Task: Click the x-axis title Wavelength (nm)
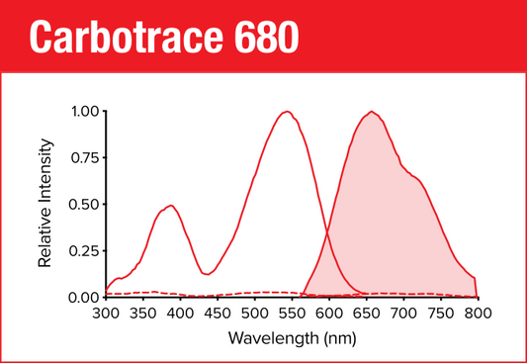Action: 291,338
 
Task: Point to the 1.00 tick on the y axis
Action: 84,112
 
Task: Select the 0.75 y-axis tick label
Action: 84,158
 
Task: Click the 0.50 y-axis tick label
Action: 84,205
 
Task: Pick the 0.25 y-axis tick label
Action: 84,251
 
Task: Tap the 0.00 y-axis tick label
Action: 84,298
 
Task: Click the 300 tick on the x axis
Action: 105,314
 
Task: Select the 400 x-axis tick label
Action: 179,314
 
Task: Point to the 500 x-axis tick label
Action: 254,314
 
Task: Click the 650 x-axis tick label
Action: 366,314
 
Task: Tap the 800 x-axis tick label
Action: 478,314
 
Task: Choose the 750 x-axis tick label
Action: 440,314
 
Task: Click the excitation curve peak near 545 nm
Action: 287,112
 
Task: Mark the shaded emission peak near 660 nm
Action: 372,112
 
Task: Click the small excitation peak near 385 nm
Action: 170,206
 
